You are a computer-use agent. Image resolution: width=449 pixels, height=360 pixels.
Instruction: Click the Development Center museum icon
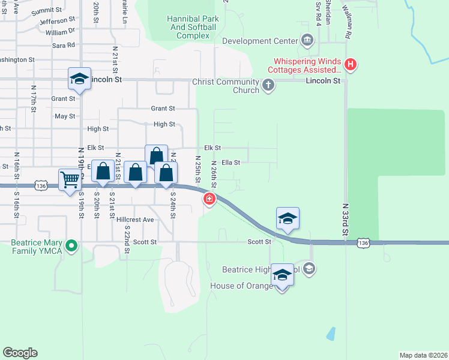307,41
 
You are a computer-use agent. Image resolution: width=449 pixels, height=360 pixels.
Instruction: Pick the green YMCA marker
71,245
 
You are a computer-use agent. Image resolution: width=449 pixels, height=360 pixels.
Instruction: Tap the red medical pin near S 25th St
209,199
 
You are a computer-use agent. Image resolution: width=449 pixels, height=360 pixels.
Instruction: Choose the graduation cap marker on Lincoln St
79,79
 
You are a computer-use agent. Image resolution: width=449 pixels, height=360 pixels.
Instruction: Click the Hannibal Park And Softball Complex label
188,27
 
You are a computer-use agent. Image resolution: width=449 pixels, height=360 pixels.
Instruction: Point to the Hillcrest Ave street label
135,220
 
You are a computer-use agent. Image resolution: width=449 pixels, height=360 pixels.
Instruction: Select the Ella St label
231,162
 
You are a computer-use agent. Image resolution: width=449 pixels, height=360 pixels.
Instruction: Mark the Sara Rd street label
63,45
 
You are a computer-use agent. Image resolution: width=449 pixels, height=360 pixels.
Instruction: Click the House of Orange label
241,286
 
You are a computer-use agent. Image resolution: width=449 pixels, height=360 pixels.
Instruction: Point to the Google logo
20,352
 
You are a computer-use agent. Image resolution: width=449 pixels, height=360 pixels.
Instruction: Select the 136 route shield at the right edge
363,242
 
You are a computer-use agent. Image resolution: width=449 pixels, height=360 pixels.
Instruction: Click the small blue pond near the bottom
331,334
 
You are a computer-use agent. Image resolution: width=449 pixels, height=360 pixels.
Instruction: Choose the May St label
65,116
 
